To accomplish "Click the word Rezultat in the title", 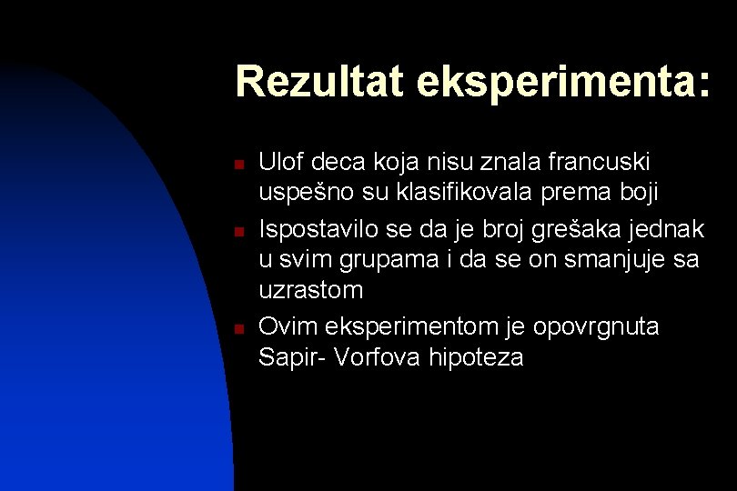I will click(319, 82).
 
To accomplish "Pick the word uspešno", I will click(303, 195).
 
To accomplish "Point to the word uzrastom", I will click(310, 292).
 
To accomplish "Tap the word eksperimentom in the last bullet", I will click(412, 326).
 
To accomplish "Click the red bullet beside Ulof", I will click(236, 165).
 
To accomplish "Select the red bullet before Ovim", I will click(236, 329).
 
